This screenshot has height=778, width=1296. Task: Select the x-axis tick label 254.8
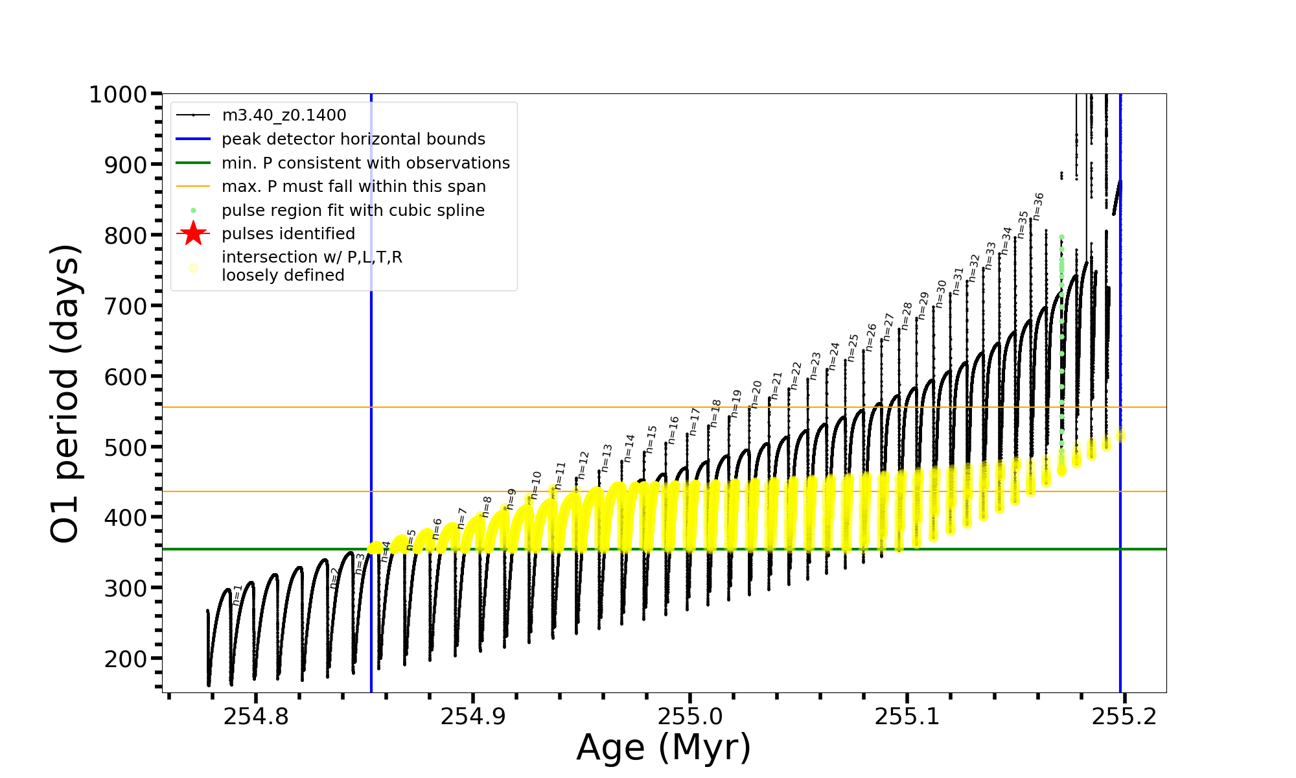tap(256, 717)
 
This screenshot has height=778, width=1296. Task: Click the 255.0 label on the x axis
tap(690, 717)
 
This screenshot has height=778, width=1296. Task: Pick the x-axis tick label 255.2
tap(1124, 717)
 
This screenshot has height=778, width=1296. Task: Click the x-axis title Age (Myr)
tap(664, 748)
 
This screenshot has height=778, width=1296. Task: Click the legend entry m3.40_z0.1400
tap(284, 115)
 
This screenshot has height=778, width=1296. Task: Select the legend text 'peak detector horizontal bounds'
tap(353, 139)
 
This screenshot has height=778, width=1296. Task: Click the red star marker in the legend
tap(193, 233)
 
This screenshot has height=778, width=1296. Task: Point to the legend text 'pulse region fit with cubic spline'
tap(353, 211)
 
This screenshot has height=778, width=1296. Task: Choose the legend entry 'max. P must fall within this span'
tap(353, 187)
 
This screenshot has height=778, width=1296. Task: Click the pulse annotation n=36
tap(1038, 206)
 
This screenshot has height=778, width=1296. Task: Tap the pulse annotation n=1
tap(237, 595)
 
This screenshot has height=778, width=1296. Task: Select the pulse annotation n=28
tap(907, 316)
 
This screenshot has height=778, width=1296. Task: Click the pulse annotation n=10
tap(535, 485)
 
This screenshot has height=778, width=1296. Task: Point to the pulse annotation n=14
tap(629, 448)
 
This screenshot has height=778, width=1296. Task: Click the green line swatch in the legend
tap(193, 163)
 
